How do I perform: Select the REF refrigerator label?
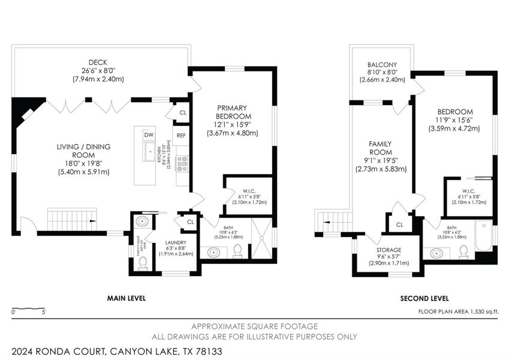tap(181, 136)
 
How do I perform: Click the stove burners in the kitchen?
tap(180, 163)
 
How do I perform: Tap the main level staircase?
tap(71, 218)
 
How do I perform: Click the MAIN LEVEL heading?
tap(126, 298)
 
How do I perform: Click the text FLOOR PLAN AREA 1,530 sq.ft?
tap(458, 311)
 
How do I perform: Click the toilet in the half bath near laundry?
tap(141, 264)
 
